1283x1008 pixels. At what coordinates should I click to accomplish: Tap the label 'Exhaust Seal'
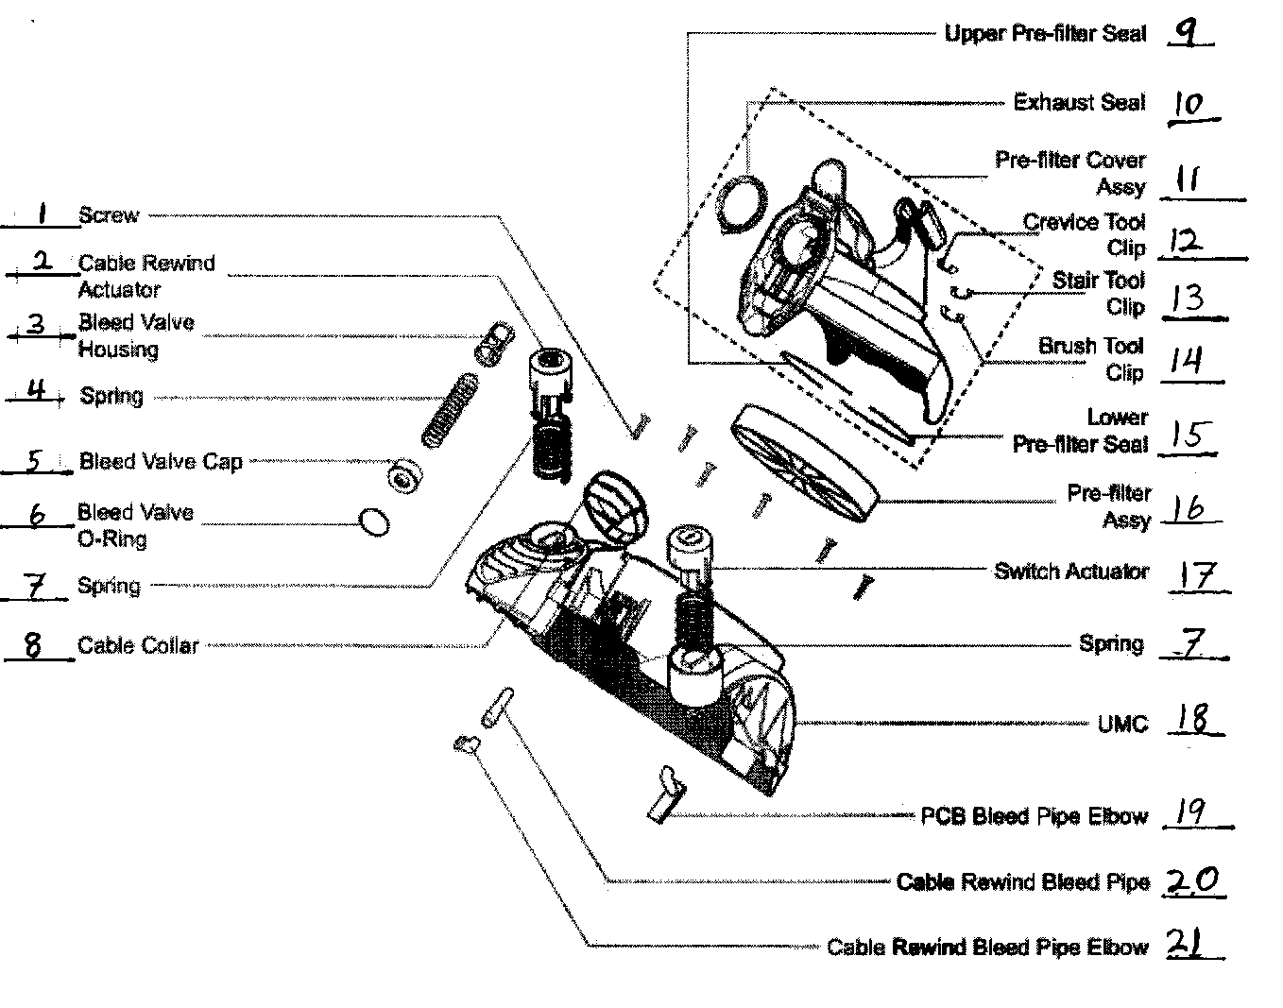point(1078,102)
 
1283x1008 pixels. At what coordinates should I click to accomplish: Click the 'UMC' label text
point(1122,725)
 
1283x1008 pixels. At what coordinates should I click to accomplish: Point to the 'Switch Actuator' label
point(1070,572)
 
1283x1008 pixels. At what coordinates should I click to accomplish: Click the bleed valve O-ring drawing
point(375,521)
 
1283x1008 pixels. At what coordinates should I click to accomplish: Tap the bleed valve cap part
point(403,478)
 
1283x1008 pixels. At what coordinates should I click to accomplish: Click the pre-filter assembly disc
point(803,463)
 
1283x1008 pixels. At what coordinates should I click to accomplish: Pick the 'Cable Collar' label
point(138,646)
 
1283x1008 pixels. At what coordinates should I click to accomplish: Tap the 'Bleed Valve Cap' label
point(161,462)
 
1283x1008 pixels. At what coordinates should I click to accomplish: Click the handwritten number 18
point(1192,720)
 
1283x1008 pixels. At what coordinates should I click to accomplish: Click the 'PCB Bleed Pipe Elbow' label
point(1034,816)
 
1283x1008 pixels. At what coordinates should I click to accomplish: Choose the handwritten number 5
point(35,461)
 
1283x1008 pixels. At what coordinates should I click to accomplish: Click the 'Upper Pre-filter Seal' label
point(1044,34)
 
